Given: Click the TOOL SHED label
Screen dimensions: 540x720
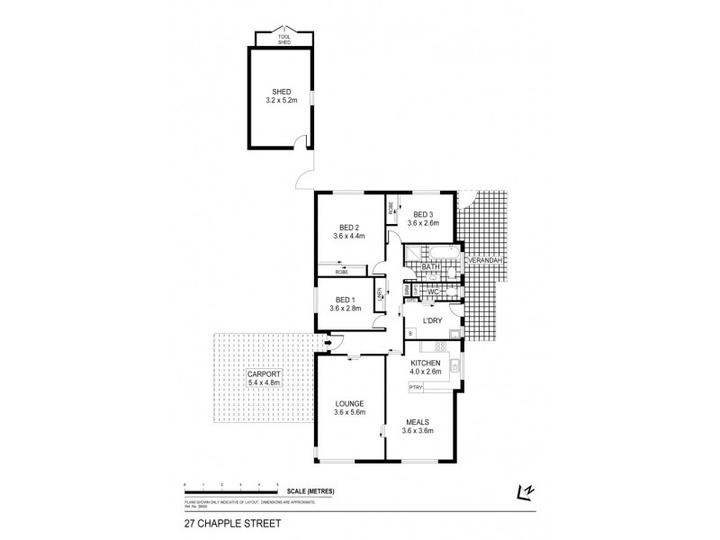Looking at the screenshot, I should tap(283, 40).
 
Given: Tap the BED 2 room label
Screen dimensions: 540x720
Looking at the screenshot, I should tap(349, 230).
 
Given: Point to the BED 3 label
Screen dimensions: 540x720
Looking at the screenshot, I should tap(420, 218).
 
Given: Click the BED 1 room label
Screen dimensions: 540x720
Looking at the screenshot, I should tap(345, 304).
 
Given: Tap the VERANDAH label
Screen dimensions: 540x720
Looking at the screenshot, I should tap(483, 260).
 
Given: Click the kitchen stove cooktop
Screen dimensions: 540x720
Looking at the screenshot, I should tap(441, 346).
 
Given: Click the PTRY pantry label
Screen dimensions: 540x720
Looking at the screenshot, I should tap(416, 387).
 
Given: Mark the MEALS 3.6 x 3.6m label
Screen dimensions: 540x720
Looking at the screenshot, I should tap(417, 426).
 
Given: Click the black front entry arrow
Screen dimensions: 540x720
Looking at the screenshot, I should tap(328, 341).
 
